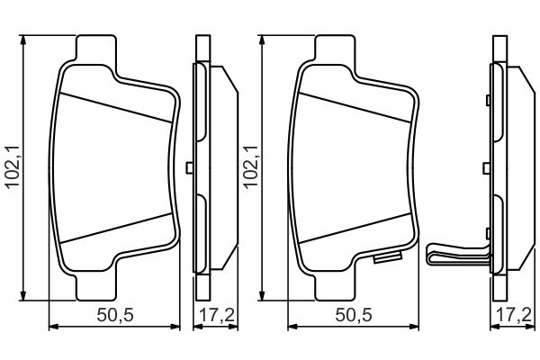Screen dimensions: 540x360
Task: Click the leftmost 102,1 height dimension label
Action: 13,166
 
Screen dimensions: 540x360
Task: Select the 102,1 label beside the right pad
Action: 251,166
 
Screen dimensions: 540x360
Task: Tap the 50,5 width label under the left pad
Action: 115,315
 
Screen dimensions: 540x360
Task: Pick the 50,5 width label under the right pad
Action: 354,315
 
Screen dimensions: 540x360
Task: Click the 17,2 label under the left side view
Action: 217,315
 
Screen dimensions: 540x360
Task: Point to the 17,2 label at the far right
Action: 514,315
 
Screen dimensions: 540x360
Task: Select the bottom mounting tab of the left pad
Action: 96,285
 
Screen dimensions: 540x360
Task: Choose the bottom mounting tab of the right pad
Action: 335,285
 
